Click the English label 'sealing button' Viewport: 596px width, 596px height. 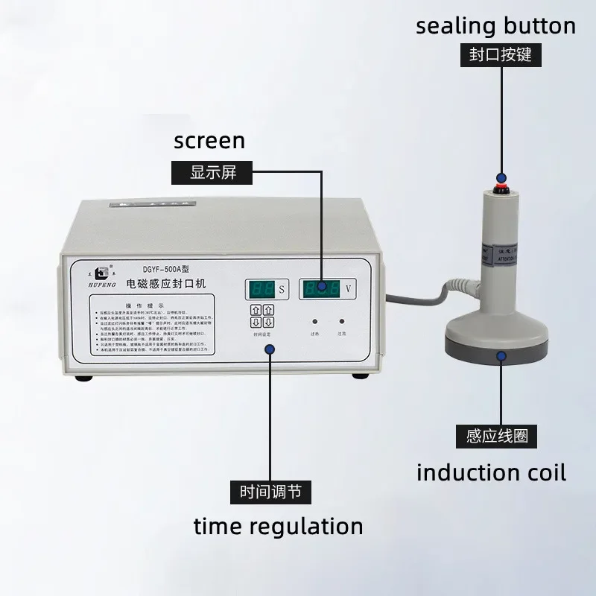coord(495,26)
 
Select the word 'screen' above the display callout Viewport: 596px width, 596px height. coord(209,140)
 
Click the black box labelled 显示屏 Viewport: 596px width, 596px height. coord(213,172)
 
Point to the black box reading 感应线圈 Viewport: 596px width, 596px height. coord(501,436)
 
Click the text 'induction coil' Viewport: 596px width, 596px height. coord(491,472)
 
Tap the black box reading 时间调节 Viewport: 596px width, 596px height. coord(270,492)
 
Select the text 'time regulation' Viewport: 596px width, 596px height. coord(278,527)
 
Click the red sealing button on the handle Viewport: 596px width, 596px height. coord(502,179)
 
